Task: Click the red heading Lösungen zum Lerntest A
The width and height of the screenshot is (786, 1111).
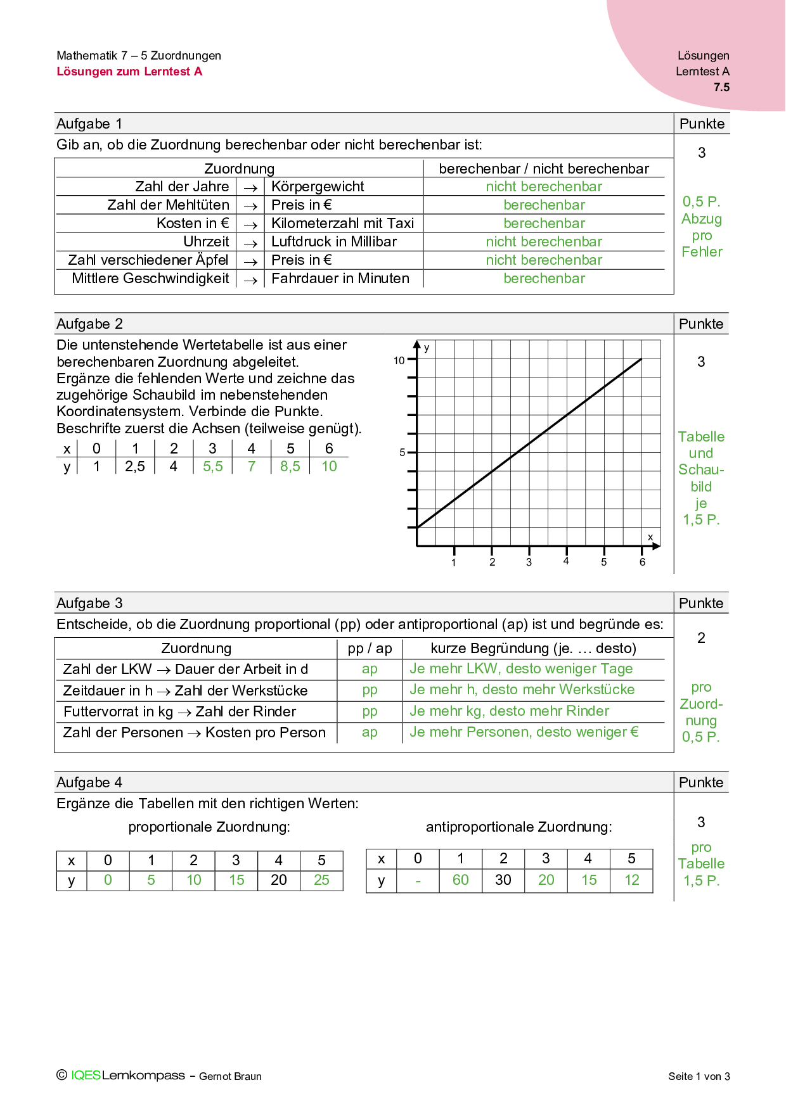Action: [129, 72]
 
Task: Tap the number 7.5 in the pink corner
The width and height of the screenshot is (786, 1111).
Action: [721, 87]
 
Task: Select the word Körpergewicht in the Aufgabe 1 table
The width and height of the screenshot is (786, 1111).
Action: [318, 187]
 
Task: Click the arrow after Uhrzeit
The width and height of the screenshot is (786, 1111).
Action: [250, 243]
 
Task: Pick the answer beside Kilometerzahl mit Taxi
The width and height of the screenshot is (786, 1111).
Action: [544, 224]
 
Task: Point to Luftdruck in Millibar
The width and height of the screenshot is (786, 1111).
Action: [334, 242]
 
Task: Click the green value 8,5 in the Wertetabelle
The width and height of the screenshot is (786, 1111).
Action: [290, 467]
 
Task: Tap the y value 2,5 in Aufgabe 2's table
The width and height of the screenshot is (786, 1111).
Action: [134, 467]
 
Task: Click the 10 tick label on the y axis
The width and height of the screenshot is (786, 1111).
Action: [399, 360]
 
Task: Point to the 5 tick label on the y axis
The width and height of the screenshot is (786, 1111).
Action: [402, 452]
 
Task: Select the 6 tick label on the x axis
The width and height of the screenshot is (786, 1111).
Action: [642, 562]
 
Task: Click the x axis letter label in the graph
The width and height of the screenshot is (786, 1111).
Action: [650, 537]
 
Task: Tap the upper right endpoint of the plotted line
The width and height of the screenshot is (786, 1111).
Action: [641, 359]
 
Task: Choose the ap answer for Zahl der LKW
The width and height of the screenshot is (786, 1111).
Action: [370, 670]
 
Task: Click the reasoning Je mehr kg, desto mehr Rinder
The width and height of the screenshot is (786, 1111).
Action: [509, 711]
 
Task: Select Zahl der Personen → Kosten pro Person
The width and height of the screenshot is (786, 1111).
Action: [194, 733]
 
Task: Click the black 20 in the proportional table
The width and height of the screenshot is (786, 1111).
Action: [278, 880]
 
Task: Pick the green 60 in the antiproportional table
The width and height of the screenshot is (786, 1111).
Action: [460, 880]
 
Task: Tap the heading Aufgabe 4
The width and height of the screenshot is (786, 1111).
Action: [89, 783]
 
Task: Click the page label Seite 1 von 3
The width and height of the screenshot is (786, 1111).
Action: [699, 1076]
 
